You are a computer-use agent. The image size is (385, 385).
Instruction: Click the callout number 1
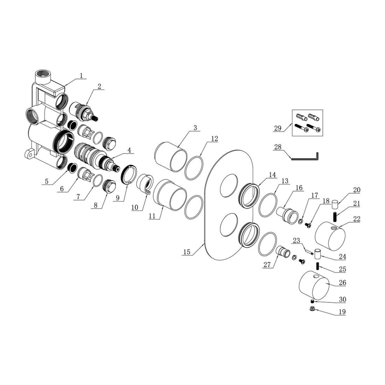coord(81,75)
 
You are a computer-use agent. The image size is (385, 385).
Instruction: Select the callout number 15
coord(187,252)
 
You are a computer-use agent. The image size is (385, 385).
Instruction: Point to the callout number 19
coord(342,312)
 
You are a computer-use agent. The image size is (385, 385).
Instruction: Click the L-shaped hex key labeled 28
coord(304,156)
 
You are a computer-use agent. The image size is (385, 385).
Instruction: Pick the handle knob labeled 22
coord(330,236)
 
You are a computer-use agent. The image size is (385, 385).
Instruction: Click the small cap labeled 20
coord(335,204)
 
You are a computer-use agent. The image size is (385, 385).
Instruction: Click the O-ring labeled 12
coord(194,168)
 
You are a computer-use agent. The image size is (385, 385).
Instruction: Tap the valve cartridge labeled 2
coord(84,112)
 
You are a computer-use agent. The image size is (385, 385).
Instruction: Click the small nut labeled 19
coord(313,309)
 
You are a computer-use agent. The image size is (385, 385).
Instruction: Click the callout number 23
coord(296,240)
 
